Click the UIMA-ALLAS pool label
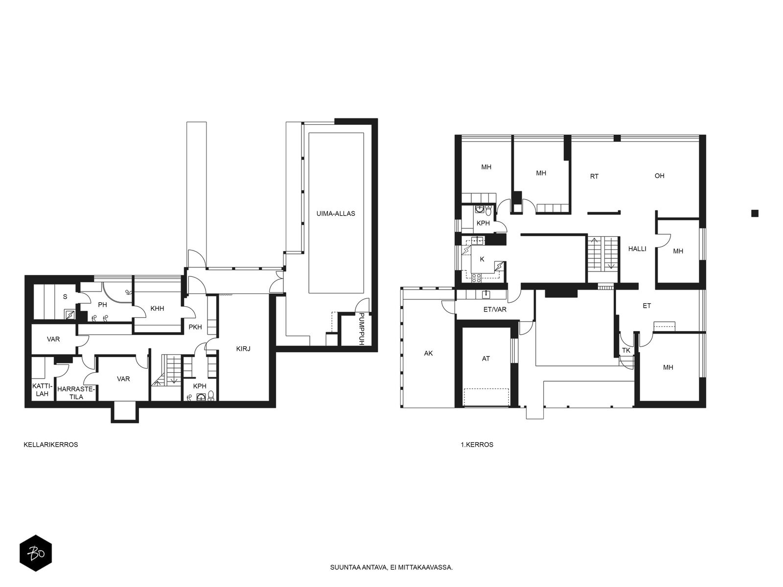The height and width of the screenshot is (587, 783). (x=336, y=214)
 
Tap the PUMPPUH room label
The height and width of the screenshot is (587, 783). (x=361, y=329)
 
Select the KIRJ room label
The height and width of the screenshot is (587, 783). (x=243, y=349)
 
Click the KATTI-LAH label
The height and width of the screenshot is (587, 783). (x=42, y=390)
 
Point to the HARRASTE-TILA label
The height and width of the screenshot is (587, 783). (x=76, y=393)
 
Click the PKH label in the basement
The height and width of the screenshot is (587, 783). (x=195, y=327)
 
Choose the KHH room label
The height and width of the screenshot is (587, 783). (x=157, y=309)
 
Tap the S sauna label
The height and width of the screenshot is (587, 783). (x=65, y=297)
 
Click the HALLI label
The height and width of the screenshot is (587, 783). (x=637, y=249)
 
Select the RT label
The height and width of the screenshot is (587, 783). (x=594, y=177)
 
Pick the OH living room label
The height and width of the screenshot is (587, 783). (x=659, y=176)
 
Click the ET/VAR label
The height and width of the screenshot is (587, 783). (x=495, y=309)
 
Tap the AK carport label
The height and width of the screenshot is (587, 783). (x=428, y=353)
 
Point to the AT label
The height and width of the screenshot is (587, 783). (x=485, y=359)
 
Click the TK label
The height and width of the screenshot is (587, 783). (x=626, y=350)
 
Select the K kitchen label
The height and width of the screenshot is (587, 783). (x=482, y=259)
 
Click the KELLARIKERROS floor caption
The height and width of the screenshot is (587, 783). (x=51, y=445)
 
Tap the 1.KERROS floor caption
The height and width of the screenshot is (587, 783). (x=477, y=445)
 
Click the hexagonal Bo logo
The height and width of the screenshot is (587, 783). (x=36, y=553)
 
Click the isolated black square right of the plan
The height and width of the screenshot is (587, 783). (x=755, y=213)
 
